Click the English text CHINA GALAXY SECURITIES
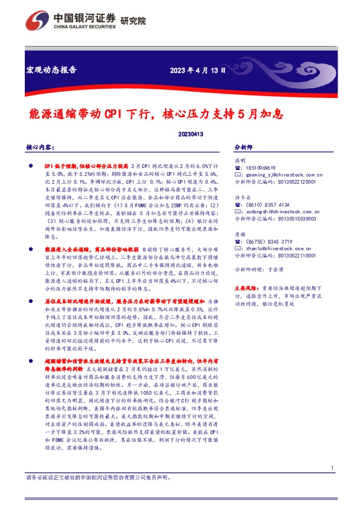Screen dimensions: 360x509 pos(76,27)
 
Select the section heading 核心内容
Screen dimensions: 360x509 pos(41,147)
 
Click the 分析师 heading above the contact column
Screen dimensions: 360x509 pos(243,147)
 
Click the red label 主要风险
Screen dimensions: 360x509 pos(246,289)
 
